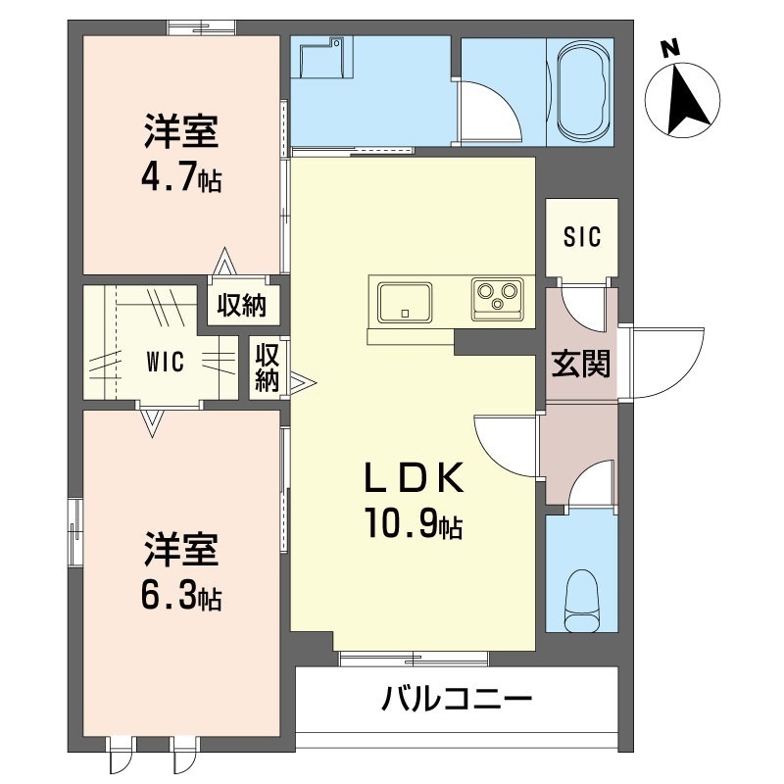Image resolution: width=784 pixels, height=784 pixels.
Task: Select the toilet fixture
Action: click(583, 600)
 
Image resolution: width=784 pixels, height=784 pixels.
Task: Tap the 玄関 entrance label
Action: click(580, 365)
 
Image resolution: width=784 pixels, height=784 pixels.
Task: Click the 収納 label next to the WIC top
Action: click(241, 306)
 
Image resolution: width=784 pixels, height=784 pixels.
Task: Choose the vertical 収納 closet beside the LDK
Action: click(267, 367)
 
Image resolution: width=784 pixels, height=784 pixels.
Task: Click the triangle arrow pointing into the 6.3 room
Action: click(150, 422)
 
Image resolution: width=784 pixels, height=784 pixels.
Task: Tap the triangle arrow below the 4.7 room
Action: click(225, 264)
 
